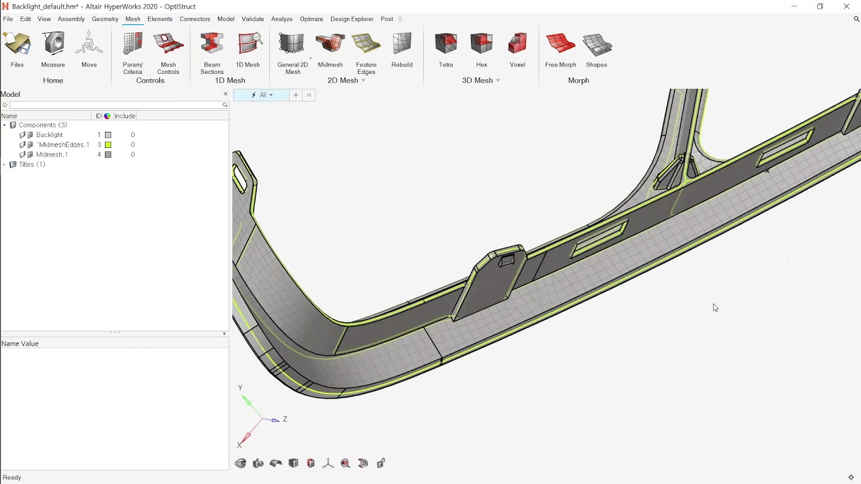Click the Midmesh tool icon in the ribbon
(330, 44)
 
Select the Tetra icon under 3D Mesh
(445, 44)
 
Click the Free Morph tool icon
(560, 44)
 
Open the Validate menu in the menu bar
(253, 19)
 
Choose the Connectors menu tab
(194, 19)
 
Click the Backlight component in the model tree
(49, 135)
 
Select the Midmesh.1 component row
(51, 155)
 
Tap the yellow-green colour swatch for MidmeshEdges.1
(108, 145)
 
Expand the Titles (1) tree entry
(5, 165)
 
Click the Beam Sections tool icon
(211, 44)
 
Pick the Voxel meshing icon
(517, 44)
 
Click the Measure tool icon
(52, 44)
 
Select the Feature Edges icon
(366, 44)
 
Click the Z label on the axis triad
(285, 419)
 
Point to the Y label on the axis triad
(240, 388)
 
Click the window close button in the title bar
(846, 7)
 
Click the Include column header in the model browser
(124, 116)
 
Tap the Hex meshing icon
(482, 44)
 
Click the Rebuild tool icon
(402, 44)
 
